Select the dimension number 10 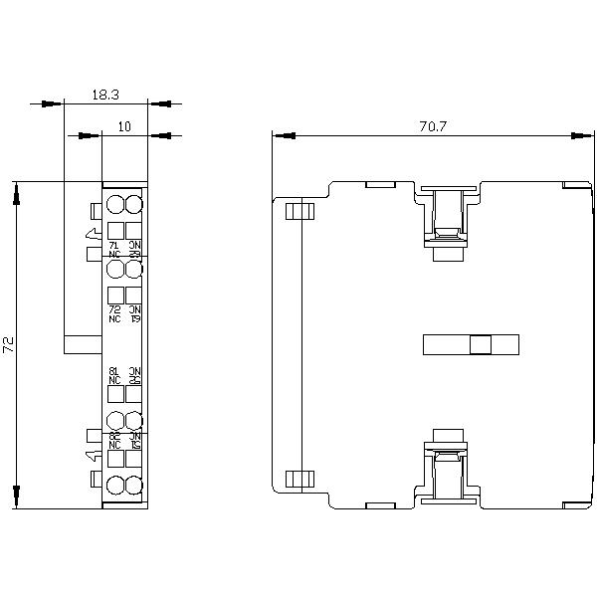124,126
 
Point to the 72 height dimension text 9,345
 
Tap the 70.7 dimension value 432,126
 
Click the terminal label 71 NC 114,249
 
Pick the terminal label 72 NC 114,313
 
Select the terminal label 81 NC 114,375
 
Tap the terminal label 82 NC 114,439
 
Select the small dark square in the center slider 481,344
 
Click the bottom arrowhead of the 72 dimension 16,496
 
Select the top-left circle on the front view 114,206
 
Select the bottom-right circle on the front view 134,485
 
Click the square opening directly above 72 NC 114,295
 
